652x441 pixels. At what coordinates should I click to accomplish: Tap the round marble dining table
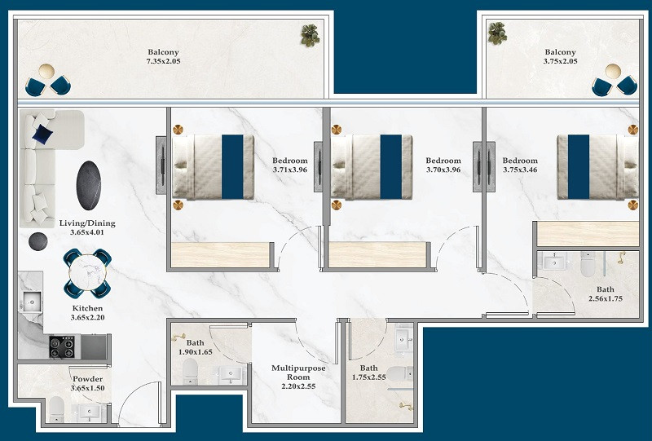(87, 272)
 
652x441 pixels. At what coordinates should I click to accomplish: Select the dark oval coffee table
(89, 185)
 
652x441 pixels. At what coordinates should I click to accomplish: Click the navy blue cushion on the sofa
(43, 134)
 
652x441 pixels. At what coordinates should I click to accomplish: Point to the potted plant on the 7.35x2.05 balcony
(310, 35)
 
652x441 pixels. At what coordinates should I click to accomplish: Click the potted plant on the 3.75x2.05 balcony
(497, 33)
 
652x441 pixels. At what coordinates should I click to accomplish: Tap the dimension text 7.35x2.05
(164, 61)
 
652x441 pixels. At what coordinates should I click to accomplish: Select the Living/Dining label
(87, 223)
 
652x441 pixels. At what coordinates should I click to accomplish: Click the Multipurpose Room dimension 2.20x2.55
(298, 386)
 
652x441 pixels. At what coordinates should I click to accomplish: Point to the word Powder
(87, 379)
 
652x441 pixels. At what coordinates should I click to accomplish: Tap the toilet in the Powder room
(56, 408)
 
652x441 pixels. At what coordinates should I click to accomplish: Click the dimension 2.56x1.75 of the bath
(606, 298)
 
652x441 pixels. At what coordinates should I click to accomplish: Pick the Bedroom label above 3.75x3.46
(520, 160)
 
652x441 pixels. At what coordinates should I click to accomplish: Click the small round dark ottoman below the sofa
(37, 241)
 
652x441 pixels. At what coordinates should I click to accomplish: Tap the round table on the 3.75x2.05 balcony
(613, 71)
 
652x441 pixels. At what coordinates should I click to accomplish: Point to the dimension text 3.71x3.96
(290, 170)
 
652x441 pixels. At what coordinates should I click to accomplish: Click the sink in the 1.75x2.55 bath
(403, 340)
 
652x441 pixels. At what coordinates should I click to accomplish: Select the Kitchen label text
(87, 308)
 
